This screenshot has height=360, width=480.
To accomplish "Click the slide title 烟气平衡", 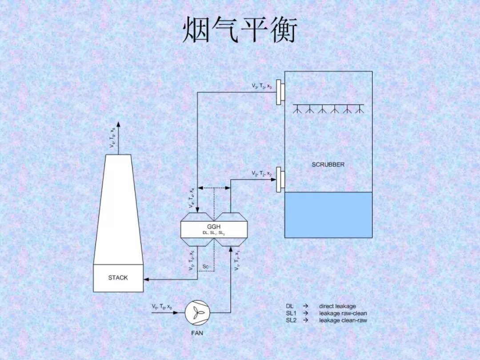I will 240,31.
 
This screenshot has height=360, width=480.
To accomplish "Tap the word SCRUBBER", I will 328,164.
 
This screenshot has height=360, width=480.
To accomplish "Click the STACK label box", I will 118,278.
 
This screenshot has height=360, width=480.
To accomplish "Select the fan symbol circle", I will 196,312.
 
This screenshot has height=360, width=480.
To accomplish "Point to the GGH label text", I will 213,226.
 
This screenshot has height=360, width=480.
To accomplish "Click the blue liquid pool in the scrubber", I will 328,215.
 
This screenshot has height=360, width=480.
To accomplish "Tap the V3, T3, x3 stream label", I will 261,86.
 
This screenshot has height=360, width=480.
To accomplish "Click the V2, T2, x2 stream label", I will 261,173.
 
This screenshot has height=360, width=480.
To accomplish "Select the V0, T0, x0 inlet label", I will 162,307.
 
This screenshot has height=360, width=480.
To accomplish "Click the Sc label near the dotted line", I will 205,266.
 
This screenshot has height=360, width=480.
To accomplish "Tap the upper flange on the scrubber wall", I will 280,92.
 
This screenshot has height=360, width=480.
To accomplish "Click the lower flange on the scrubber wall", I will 280,180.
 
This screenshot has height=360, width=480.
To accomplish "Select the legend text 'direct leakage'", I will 337,306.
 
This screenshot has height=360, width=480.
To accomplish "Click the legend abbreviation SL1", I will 291,313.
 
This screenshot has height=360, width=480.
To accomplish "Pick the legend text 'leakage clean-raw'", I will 343,320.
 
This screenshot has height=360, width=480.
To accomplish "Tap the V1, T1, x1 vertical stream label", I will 238,260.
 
